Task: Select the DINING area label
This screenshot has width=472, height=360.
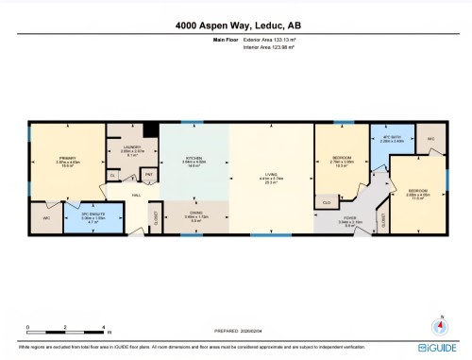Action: (193, 215)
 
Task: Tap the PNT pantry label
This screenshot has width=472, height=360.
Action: (148, 174)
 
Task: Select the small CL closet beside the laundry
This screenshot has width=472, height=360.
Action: (112, 176)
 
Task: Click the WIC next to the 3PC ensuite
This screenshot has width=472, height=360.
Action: (45, 219)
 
